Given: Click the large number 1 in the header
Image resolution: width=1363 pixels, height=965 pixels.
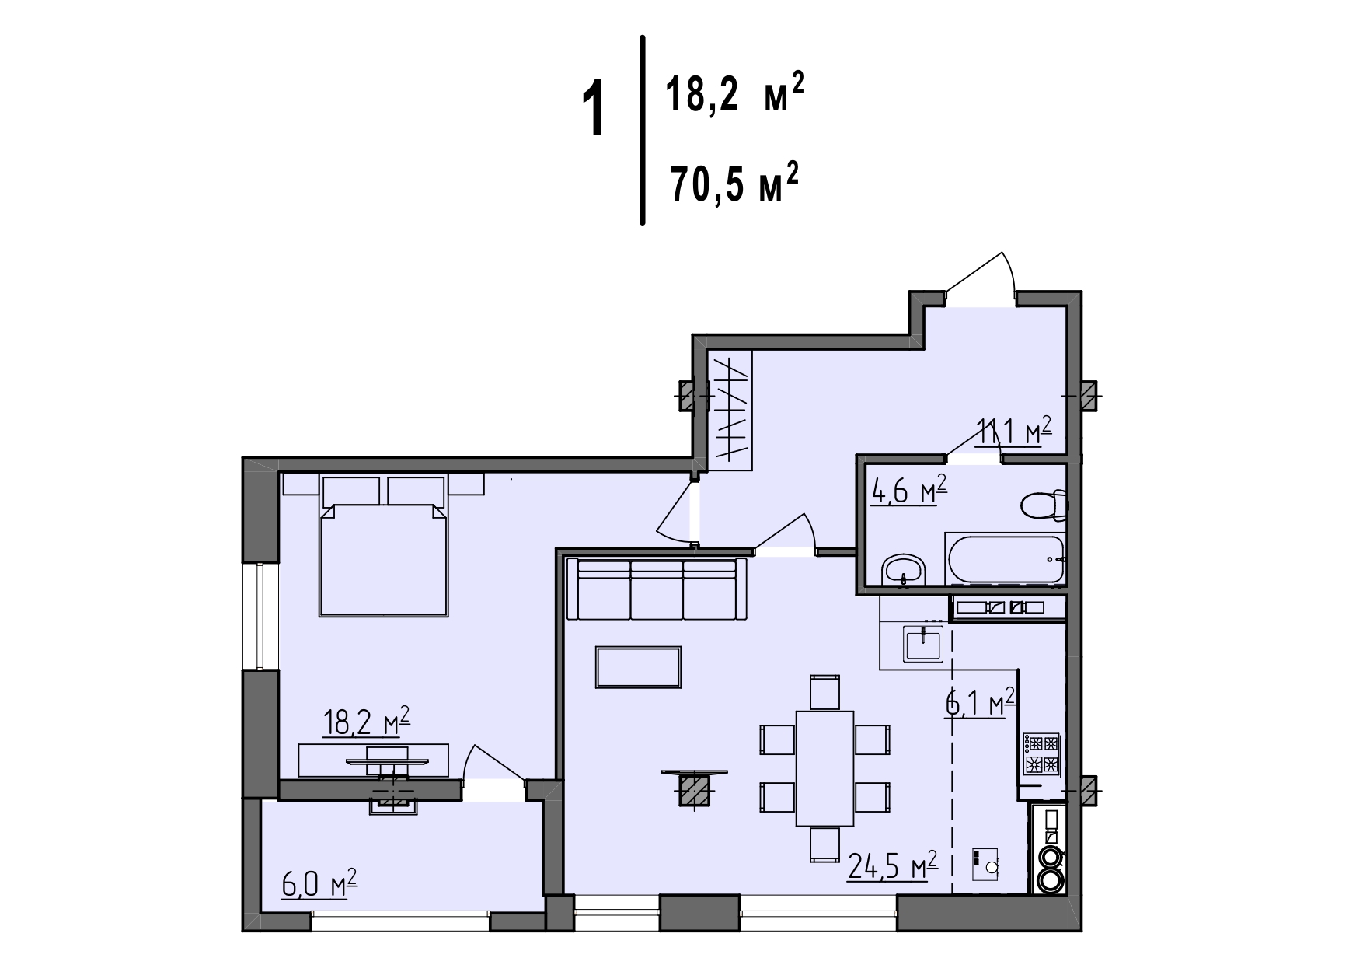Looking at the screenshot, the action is point(594,112).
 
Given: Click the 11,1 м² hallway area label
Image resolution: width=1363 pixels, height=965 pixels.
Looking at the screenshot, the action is point(1014,432).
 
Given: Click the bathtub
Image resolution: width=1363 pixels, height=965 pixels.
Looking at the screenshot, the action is point(1005,559).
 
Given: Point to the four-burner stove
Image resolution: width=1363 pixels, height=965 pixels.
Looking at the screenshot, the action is point(1041,753).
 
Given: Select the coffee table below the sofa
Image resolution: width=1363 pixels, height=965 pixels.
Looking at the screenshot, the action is point(639,667).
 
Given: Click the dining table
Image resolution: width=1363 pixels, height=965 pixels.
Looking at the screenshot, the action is point(824,768).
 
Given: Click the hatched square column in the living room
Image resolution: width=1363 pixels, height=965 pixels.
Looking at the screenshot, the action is point(695,791).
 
